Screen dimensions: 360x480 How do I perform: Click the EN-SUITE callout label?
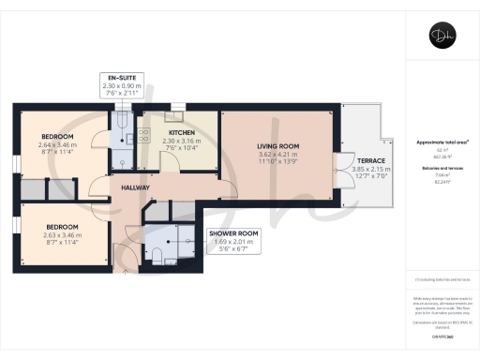pyautogui.click(x=122, y=78)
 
